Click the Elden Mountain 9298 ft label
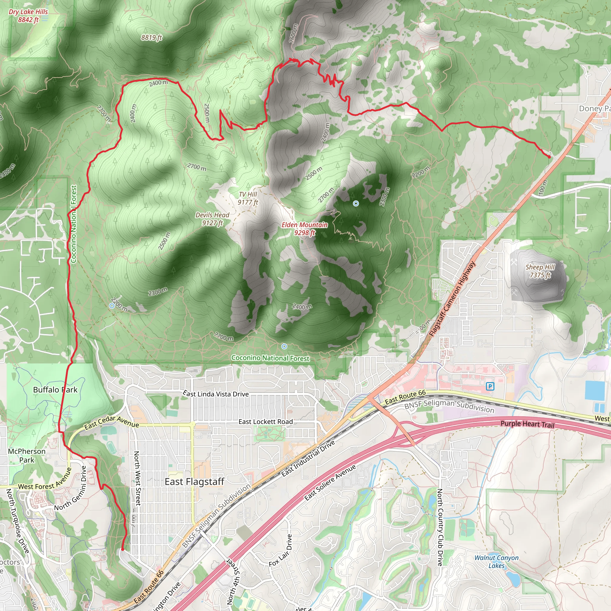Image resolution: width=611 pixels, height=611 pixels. [x=304, y=229]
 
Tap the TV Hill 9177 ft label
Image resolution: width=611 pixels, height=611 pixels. [x=248, y=198]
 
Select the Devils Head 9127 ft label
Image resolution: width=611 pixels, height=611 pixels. [x=212, y=219]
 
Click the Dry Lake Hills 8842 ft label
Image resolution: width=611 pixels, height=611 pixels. [x=28, y=16]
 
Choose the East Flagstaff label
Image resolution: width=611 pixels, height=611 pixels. [x=194, y=482]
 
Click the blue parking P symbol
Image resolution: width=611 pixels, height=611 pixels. [x=490, y=386]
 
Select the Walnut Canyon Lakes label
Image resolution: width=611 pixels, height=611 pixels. [x=496, y=562]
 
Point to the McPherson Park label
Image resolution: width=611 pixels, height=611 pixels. [x=27, y=455]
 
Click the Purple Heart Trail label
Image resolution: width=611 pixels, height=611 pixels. [x=527, y=424]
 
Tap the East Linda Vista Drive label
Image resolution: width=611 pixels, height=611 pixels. [x=216, y=394]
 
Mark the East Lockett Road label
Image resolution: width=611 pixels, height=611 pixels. [x=265, y=422]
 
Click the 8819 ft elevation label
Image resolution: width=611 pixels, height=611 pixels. [x=152, y=38]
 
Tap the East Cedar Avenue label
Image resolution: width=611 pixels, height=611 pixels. [x=111, y=422]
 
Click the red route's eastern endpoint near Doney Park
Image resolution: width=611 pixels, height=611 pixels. [x=549, y=157]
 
